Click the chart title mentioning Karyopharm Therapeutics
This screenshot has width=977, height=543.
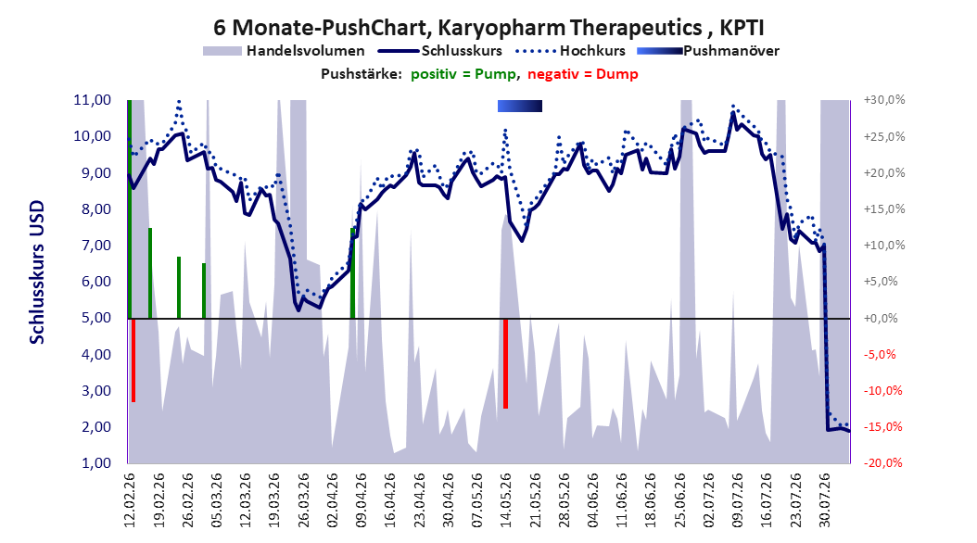coord(488,28)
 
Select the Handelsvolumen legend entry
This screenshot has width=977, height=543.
coord(285,51)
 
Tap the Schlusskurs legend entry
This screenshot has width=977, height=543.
coord(440,51)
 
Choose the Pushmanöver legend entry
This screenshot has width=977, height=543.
coord(708,51)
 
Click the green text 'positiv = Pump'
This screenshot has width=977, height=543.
coord(463,74)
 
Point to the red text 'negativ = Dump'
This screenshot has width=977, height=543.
coord(583,74)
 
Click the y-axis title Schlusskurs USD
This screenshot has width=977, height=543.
coord(37,271)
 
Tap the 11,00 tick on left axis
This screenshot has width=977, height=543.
coord(92,100)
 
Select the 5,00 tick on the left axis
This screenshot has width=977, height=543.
coord(92,318)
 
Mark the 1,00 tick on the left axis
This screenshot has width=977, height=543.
coord(92,463)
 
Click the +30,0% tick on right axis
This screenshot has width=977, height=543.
coord(884,100)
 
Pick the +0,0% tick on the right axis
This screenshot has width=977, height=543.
coord(882,318)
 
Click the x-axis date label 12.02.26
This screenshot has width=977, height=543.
coord(130,500)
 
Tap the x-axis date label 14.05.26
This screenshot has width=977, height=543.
coord(506,500)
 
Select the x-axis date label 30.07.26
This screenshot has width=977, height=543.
coord(825,500)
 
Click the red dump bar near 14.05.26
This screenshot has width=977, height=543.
coord(505,363)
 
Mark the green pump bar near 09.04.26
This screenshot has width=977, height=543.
coord(352,273)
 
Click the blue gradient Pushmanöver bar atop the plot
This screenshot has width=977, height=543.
coord(520,107)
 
